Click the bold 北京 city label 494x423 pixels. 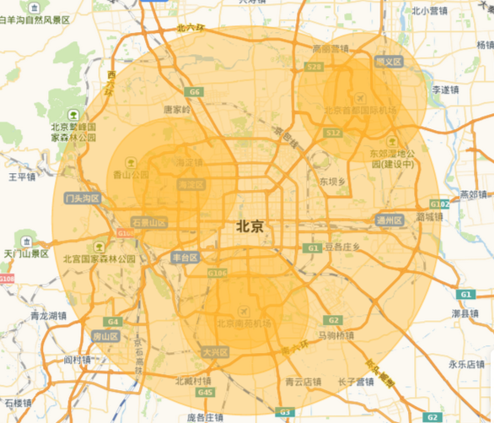(250, 226)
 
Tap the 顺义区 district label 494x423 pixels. (389, 62)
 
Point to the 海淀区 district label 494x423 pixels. (189, 183)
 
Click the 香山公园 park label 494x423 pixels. (130, 174)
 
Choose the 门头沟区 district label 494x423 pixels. (83, 198)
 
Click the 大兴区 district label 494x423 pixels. (216, 350)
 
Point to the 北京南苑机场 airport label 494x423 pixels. (244, 323)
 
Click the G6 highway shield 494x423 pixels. (195, 91)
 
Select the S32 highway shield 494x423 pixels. (333, 133)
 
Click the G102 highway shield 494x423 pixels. (439, 204)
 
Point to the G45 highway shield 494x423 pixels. (206, 393)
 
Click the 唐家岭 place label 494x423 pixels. (177, 109)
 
